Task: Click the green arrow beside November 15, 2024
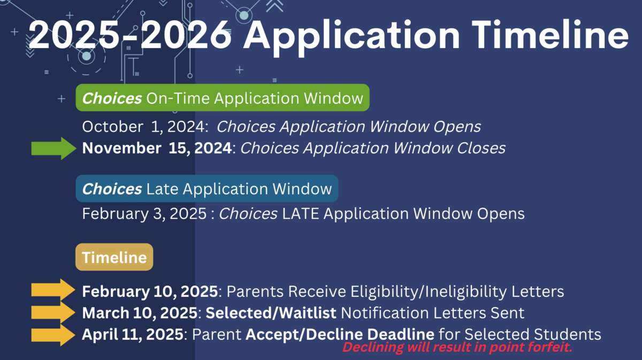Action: (x=54, y=148)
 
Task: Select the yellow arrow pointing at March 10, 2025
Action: (x=53, y=312)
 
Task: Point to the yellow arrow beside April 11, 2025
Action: (x=53, y=334)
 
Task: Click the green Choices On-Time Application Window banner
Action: (x=223, y=98)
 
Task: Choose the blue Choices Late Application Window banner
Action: (x=207, y=189)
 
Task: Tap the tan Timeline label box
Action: (x=114, y=257)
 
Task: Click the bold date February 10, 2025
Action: (x=150, y=292)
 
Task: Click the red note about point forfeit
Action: (x=457, y=348)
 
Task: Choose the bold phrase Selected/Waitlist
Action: (x=271, y=313)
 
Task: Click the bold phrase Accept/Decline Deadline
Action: (x=340, y=335)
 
